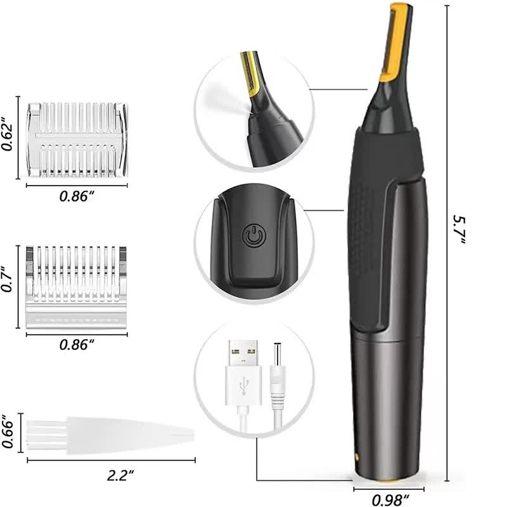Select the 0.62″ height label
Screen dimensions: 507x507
click(x=8, y=134)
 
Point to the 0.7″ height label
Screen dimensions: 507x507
click(x=8, y=286)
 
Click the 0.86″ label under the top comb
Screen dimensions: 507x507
click(x=77, y=196)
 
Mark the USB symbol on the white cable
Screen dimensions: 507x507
click(x=244, y=385)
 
